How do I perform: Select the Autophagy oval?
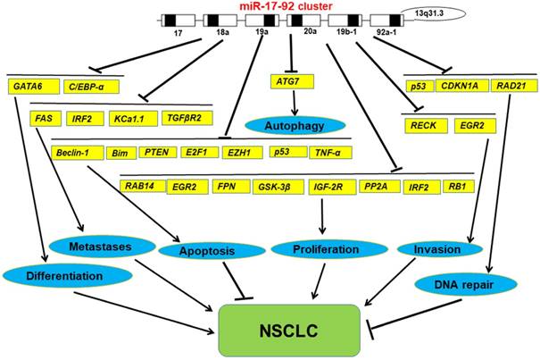pos(287,124)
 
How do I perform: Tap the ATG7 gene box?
pos(288,82)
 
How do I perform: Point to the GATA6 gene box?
pos(29,88)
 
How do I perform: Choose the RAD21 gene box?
pos(513,88)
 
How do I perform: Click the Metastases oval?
pos(96,245)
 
